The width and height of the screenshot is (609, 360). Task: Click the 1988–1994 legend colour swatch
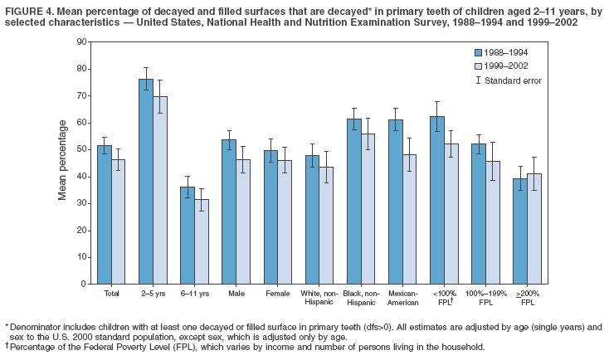coord(478,51)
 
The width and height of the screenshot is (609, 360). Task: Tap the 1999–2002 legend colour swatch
coord(478,65)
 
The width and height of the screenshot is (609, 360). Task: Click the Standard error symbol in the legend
coord(478,80)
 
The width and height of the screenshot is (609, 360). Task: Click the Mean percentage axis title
coord(62,160)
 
